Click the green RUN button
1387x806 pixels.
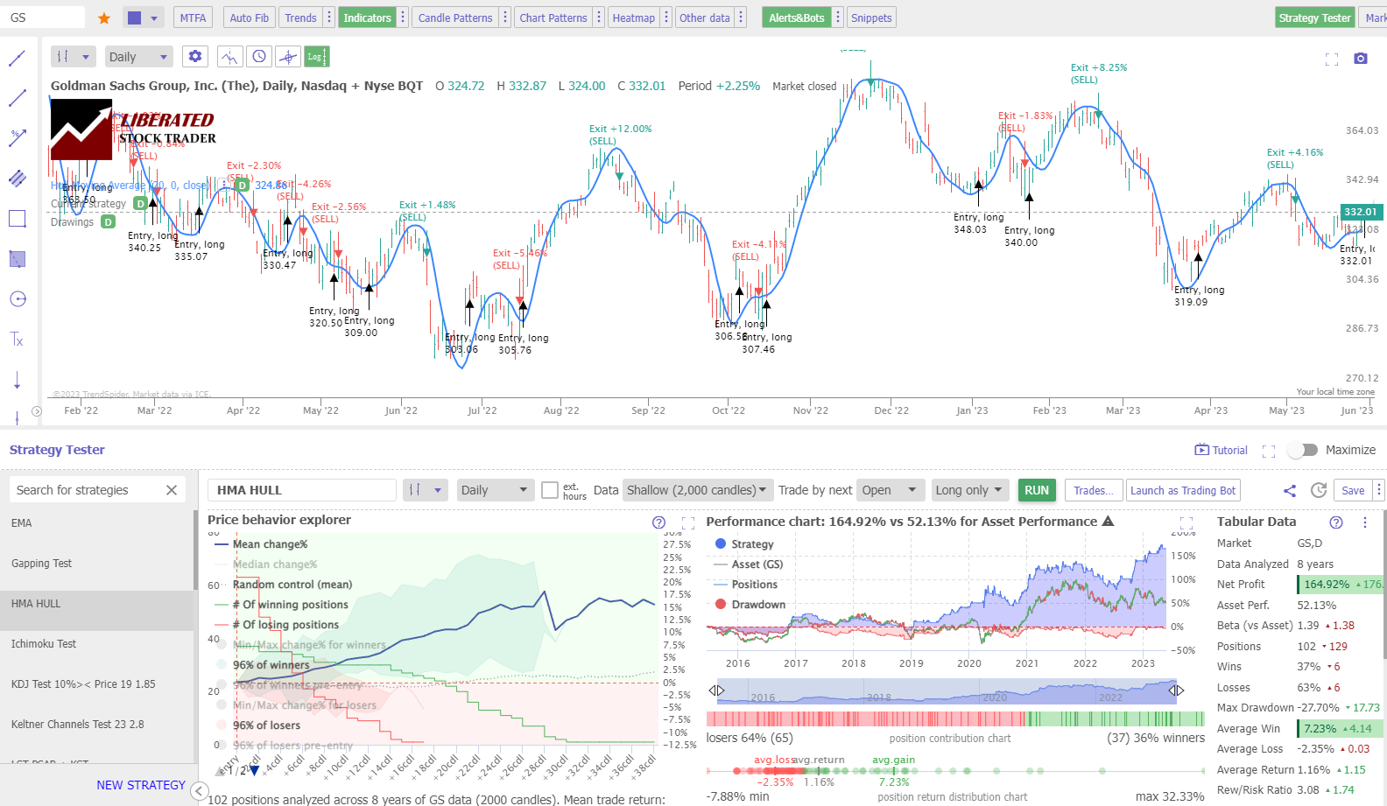[x=1037, y=490]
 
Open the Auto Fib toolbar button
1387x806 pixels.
[x=249, y=18]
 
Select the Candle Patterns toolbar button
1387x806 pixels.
[x=455, y=18]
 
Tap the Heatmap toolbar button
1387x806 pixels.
[x=633, y=18]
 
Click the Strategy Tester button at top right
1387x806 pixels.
[x=1314, y=18]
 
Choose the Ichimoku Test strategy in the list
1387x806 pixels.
[x=44, y=644]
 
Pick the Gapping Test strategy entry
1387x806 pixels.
[x=42, y=564]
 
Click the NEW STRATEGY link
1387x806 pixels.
[x=141, y=785]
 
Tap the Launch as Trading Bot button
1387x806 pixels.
[x=1183, y=490]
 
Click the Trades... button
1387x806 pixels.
[x=1094, y=490]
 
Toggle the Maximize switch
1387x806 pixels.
[x=1303, y=450]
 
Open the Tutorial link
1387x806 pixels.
[x=1222, y=450]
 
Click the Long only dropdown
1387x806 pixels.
[x=968, y=490]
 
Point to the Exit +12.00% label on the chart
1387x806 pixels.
[x=620, y=129]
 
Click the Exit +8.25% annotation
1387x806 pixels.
[x=1098, y=67]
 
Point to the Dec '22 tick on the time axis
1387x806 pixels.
[x=891, y=410]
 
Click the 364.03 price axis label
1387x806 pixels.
[x=1362, y=131]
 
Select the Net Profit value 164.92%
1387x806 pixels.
[x=1327, y=585]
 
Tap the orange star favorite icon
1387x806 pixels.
[x=104, y=18]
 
